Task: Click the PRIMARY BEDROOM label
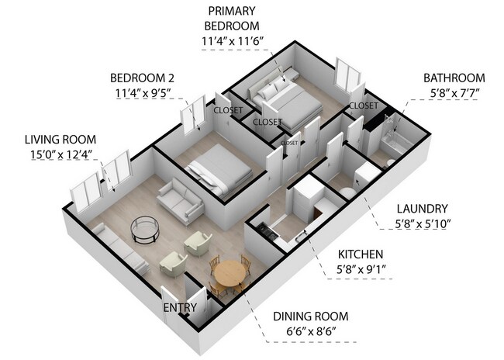tap(232, 19)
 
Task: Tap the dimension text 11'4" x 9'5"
tap(143, 93)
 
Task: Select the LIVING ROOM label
tap(60, 140)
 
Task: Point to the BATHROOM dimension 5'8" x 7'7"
tap(454, 93)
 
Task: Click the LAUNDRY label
tap(422, 209)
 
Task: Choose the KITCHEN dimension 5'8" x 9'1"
tap(361, 269)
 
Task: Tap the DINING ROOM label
tap(311, 317)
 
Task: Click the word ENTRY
tap(180, 307)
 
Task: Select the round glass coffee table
tap(145, 230)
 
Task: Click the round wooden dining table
tap(230, 273)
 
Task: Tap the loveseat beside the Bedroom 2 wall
tap(181, 201)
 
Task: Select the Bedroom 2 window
tap(193, 115)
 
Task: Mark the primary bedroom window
tap(347, 75)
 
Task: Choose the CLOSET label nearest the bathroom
tap(364, 106)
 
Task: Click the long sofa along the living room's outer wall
tap(119, 248)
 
